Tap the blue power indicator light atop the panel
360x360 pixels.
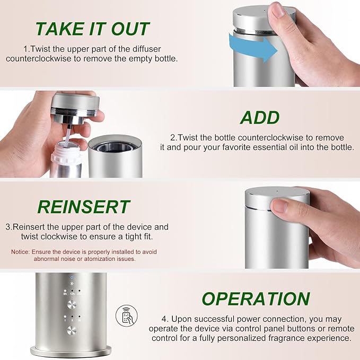tap(73, 277)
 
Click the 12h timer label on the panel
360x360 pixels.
tap(73, 293)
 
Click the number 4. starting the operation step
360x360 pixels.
tap(166, 319)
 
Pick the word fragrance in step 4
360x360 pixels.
tap(283, 338)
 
